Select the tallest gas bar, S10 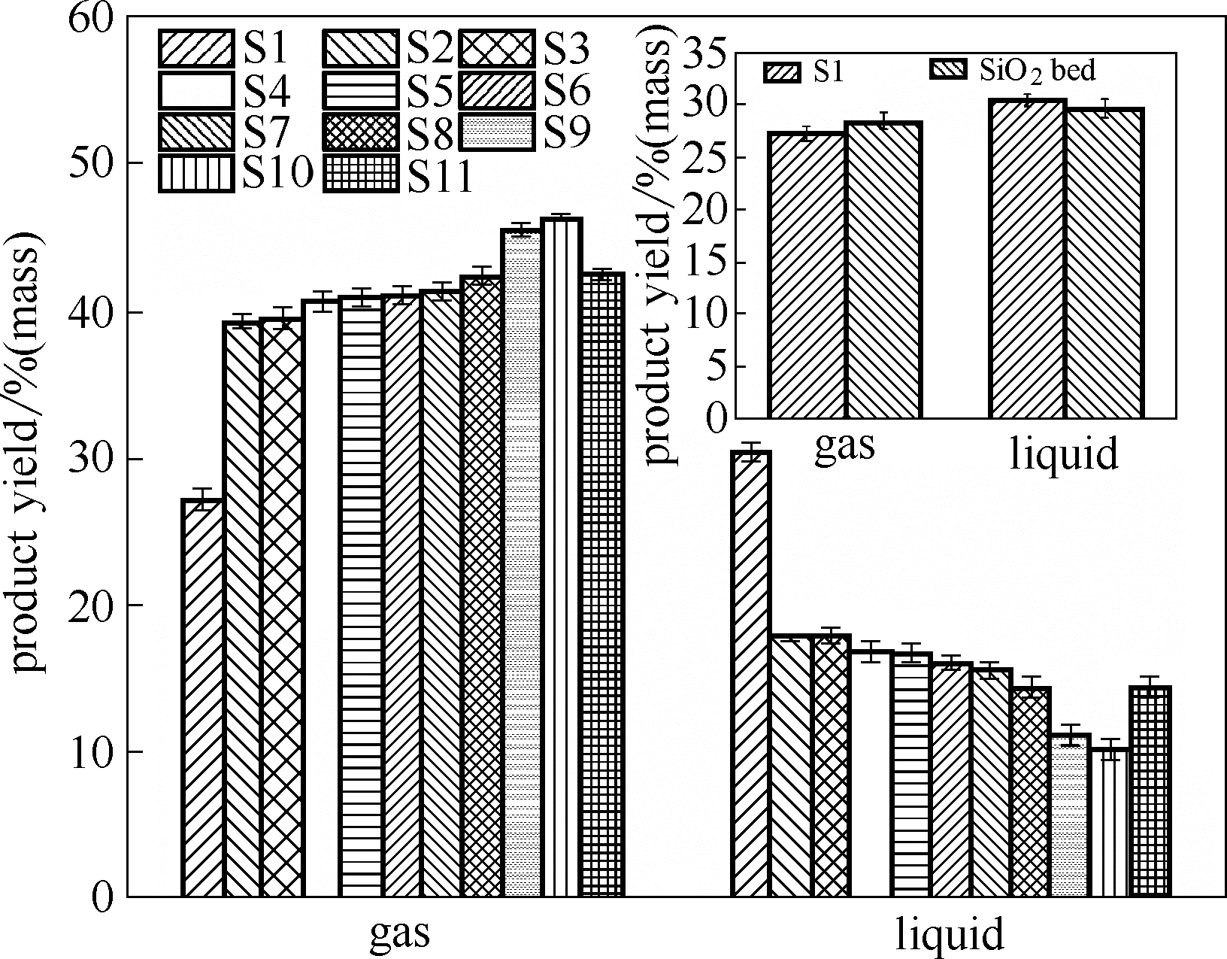coord(562,557)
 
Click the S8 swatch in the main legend coord(361,132)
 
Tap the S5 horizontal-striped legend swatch coord(361,90)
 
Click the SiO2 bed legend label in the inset coord(1037,71)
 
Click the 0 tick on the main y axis coord(101,897)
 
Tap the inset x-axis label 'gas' coord(845,445)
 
